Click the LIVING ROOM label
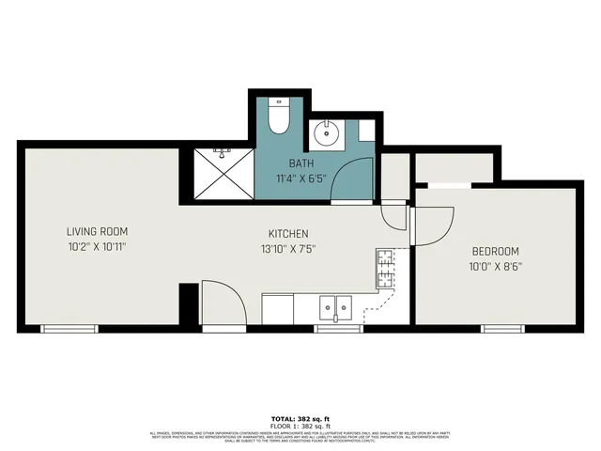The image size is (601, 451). coord(97,231)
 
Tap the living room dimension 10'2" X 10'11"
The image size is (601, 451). coord(97,248)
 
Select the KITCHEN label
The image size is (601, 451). coord(288,234)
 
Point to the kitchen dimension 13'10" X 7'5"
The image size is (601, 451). coord(288,250)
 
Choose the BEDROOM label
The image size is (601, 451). coord(495,251)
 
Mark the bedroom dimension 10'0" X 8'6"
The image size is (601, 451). coord(495,267)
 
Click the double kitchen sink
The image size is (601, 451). coord(335,307)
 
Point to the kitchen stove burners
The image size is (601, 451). coord(385,270)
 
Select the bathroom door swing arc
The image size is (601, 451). coord(353,179)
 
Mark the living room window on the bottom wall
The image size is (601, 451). coord(69,328)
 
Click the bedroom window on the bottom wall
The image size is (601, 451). coord(502,328)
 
